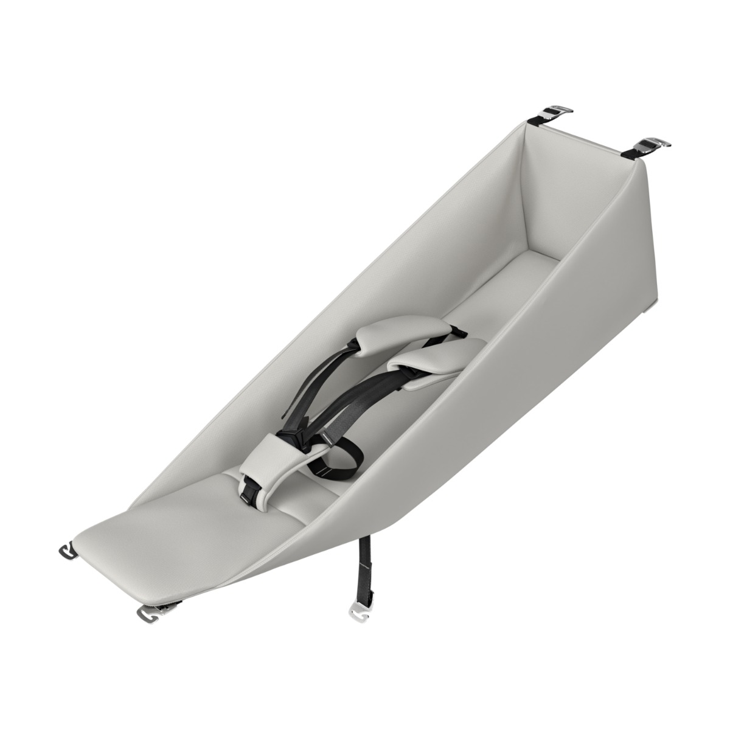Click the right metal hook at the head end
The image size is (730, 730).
(x=655, y=144)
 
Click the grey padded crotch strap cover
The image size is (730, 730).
(x=274, y=465)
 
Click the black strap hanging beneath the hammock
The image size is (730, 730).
(x=364, y=578)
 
